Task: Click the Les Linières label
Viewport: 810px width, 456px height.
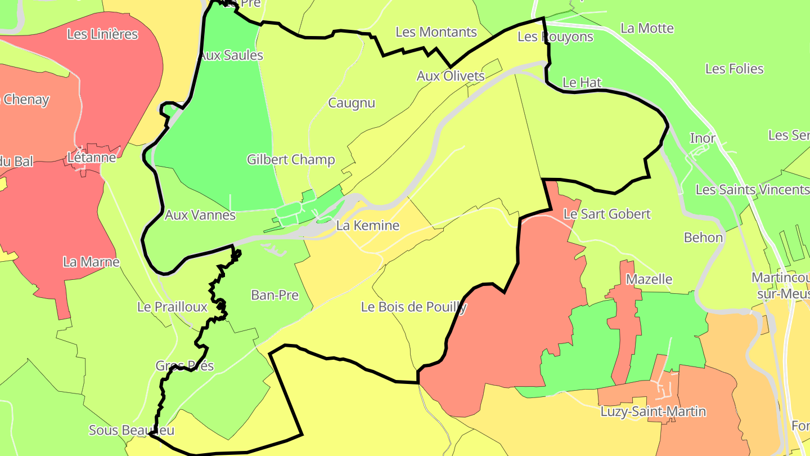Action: pyautogui.click(x=102, y=34)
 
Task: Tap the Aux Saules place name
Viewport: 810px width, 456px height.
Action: pyautogui.click(x=231, y=55)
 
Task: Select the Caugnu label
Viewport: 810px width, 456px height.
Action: pyautogui.click(x=352, y=103)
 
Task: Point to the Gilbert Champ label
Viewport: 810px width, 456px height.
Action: pyautogui.click(x=291, y=159)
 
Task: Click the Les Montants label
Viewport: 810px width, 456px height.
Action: pyautogui.click(x=436, y=32)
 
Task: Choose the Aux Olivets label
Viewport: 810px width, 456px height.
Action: pyautogui.click(x=451, y=76)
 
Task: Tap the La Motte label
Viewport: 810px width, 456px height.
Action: pyautogui.click(x=647, y=28)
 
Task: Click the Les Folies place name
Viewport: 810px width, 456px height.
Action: pyautogui.click(x=735, y=69)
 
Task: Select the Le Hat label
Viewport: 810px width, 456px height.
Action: pyautogui.click(x=582, y=82)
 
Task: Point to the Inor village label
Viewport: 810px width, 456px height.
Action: pyautogui.click(x=703, y=138)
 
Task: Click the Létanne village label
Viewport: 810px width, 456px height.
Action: pyautogui.click(x=92, y=157)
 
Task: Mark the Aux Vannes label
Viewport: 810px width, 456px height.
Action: pyautogui.click(x=200, y=214)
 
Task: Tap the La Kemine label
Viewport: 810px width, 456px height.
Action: pyautogui.click(x=368, y=226)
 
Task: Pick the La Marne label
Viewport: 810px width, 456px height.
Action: pyautogui.click(x=91, y=262)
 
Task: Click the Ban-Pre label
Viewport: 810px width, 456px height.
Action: pyautogui.click(x=274, y=295)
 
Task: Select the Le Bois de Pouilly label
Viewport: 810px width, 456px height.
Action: pyautogui.click(x=414, y=307)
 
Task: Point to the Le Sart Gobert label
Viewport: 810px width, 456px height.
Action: pyautogui.click(x=607, y=214)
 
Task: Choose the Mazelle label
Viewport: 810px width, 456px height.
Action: pyautogui.click(x=649, y=279)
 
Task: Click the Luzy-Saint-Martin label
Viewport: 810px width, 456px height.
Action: pyautogui.click(x=653, y=412)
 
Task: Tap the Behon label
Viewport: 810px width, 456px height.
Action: pyautogui.click(x=703, y=238)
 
